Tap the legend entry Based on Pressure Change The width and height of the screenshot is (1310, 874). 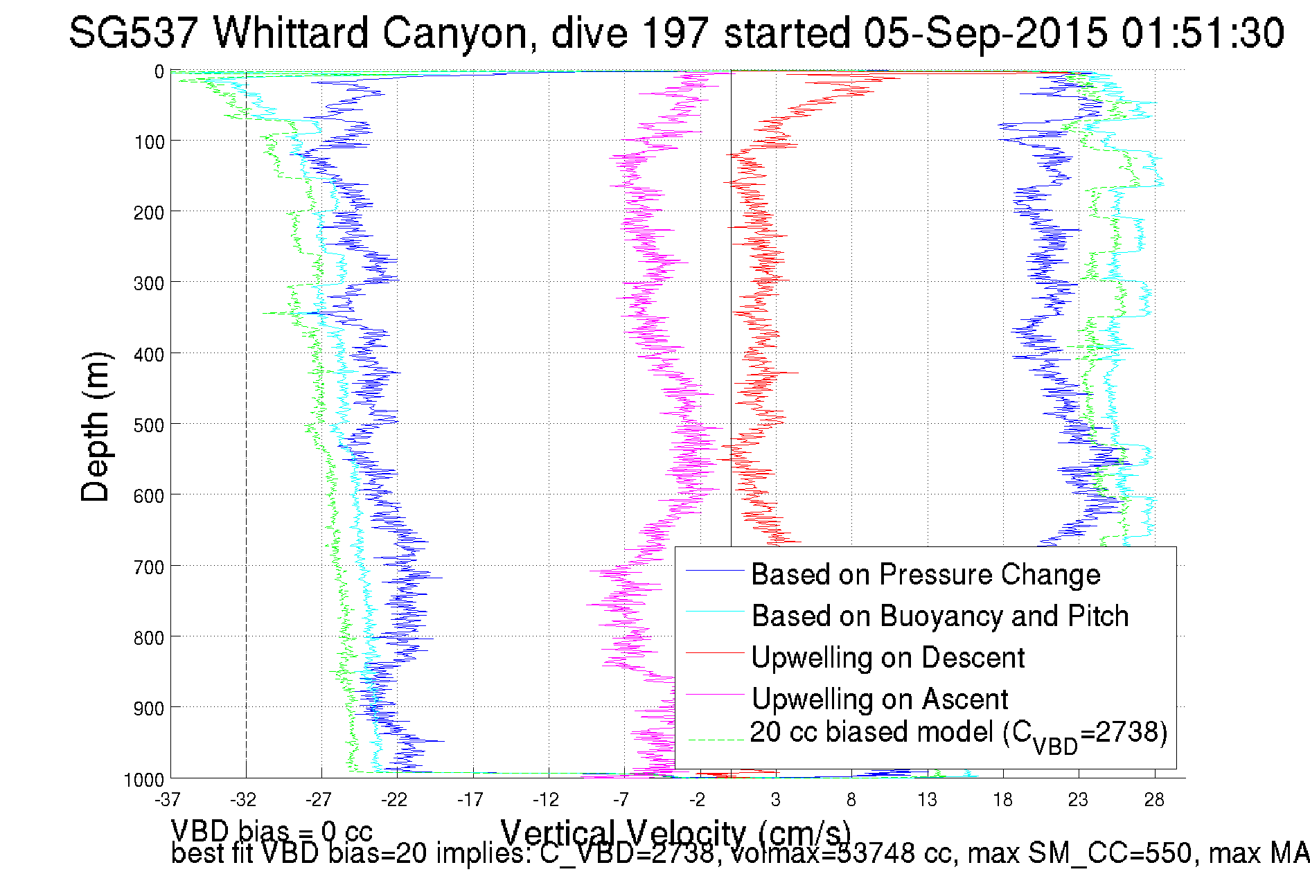[926, 574]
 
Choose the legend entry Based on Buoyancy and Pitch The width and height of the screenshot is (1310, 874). [940, 616]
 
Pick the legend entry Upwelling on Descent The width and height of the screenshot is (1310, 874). [887, 657]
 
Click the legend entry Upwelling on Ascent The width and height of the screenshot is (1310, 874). [880, 699]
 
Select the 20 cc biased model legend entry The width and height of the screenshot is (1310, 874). [958, 733]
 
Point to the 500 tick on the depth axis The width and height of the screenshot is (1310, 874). [148, 425]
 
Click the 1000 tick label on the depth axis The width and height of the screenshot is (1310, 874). [144, 780]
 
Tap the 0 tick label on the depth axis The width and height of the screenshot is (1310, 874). [159, 72]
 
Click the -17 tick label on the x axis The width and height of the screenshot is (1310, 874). [470, 800]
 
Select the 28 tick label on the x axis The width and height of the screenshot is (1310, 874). [1154, 800]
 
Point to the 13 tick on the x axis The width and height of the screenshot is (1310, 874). [927, 800]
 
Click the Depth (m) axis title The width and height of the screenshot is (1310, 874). [95, 427]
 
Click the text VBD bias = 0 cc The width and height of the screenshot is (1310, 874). [272, 830]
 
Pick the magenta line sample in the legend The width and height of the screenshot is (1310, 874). [714, 693]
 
